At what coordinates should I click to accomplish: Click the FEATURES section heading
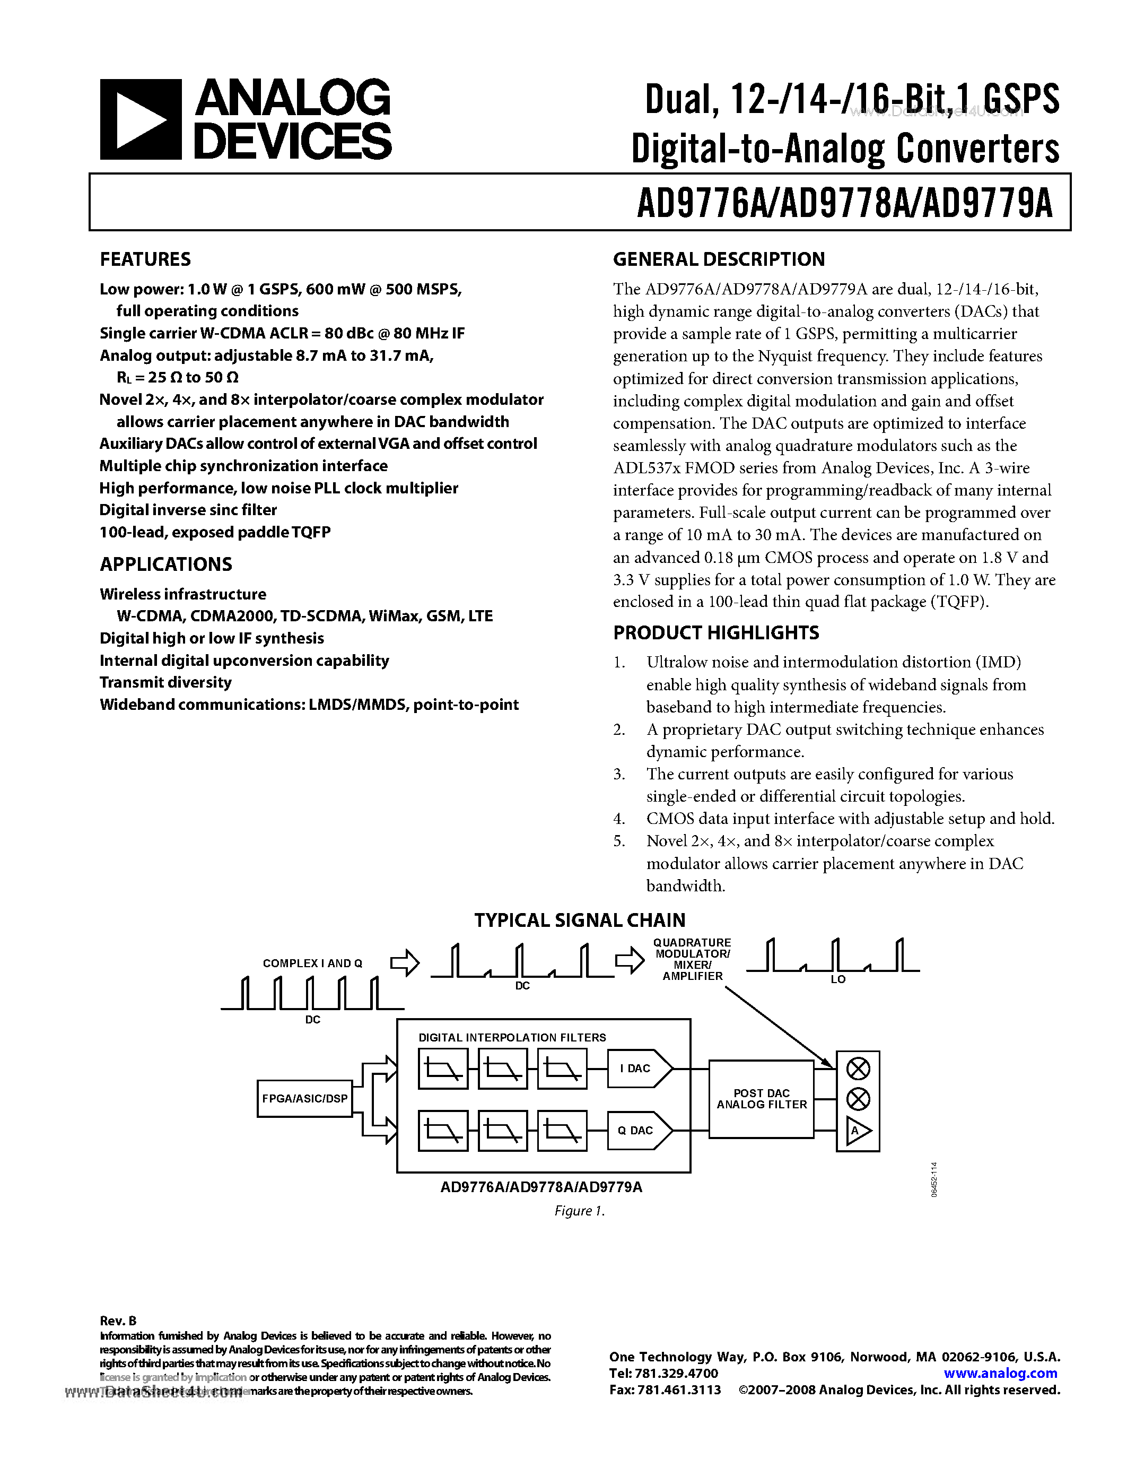click(145, 259)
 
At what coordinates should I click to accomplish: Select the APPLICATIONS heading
click(165, 565)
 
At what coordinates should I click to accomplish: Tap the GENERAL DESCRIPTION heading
click(719, 259)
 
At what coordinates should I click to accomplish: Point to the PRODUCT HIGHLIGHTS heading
click(716, 632)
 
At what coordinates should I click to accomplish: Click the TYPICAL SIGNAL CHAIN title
click(580, 920)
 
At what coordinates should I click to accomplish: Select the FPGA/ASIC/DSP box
click(304, 1098)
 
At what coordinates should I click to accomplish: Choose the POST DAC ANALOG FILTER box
click(761, 1099)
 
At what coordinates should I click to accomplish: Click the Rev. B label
click(118, 1321)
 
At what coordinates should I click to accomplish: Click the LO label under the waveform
click(838, 979)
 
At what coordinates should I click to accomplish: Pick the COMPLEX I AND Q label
click(312, 963)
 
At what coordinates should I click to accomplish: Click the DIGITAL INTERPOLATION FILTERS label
click(512, 1037)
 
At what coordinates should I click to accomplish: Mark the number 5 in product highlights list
click(619, 841)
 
